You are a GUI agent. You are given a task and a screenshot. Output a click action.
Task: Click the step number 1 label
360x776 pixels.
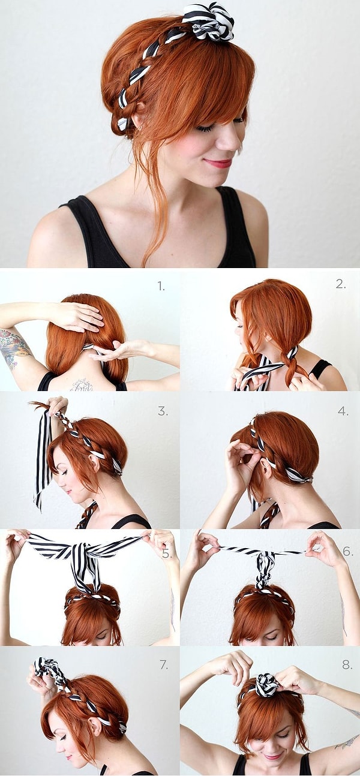click(x=161, y=286)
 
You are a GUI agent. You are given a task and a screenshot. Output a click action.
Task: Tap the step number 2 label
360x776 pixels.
click(x=341, y=284)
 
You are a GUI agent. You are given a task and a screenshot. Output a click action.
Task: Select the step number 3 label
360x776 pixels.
click(x=163, y=411)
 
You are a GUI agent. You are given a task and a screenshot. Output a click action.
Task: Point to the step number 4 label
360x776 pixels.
click(x=343, y=411)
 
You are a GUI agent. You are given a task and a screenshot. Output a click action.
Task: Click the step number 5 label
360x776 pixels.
click(x=167, y=554)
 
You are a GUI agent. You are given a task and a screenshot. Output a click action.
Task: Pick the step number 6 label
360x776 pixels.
click(x=347, y=551)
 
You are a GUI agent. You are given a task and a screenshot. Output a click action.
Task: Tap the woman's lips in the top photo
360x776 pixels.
click(x=217, y=163)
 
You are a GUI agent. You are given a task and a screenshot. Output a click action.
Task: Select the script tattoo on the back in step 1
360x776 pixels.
click(x=82, y=385)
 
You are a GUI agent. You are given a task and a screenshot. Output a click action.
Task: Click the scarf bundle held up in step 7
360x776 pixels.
click(x=49, y=669)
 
